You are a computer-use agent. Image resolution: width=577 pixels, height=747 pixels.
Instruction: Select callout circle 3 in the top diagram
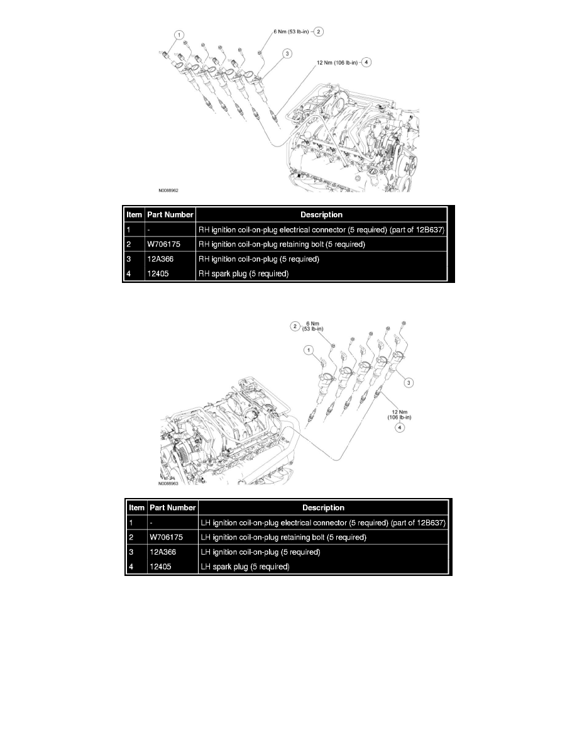click(287, 55)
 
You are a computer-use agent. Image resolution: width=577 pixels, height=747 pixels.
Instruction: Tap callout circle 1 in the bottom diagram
click(308, 349)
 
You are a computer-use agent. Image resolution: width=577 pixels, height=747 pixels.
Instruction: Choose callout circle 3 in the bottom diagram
click(410, 382)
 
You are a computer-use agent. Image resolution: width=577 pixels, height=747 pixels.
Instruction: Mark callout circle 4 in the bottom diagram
click(398, 427)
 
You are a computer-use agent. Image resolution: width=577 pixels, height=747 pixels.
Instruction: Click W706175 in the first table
click(165, 245)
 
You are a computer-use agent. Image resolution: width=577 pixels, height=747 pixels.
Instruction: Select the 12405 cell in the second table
click(160, 567)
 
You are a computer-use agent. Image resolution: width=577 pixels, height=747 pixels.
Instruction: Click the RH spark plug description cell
click(243, 274)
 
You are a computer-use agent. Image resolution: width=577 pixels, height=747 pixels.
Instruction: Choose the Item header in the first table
click(134, 214)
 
